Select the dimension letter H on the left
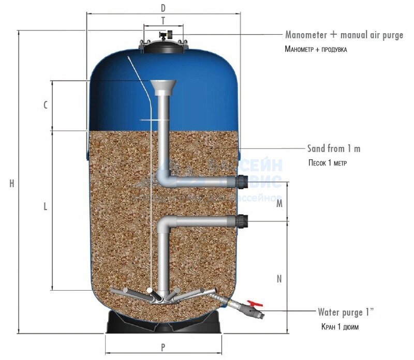pos(11,183)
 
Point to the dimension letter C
pos(46,105)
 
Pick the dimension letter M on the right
pos(279,203)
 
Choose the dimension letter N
pos(279,279)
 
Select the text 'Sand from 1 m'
pos(334,148)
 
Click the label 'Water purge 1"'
pos(345,312)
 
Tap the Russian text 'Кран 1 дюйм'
pos(339,327)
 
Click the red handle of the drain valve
pos(254,305)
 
